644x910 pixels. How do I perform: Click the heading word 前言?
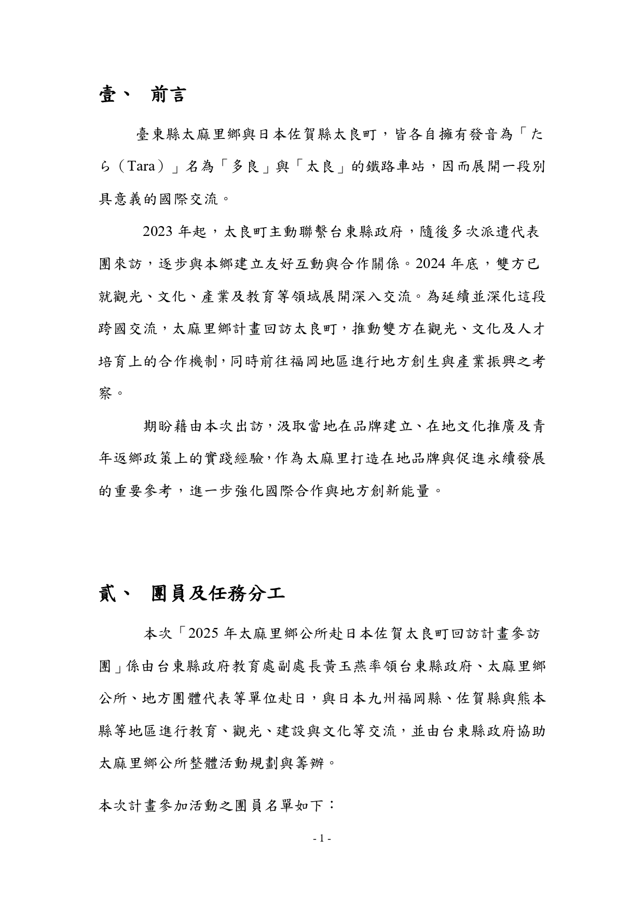pyautogui.click(x=168, y=95)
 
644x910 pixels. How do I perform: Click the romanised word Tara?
pyautogui.click(x=141, y=167)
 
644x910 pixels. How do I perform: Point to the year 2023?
pyautogui.click(x=157, y=232)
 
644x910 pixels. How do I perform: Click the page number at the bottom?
pyautogui.click(x=322, y=838)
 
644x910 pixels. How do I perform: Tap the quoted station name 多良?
pyautogui.click(x=245, y=167)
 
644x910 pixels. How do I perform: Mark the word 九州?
pyautogui.click(x=381, y=699)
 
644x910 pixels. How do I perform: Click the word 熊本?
pyautogui.click(x=531, y=699)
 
